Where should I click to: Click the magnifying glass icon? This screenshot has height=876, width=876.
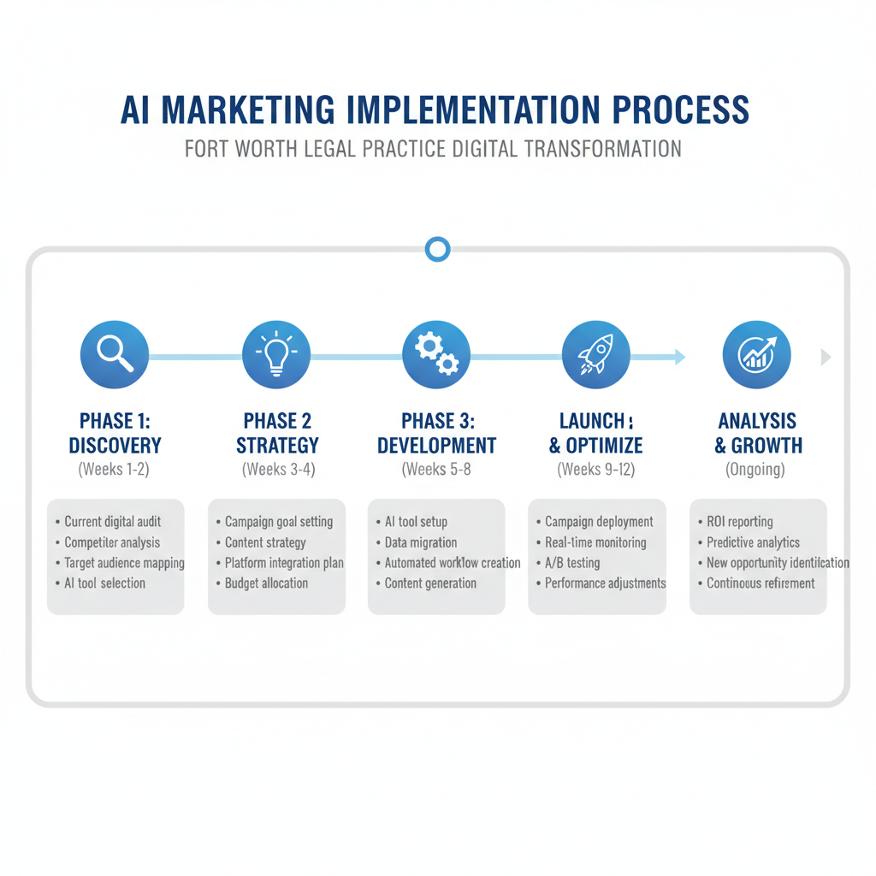click(114, 355)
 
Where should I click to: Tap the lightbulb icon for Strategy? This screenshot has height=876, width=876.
click(276, 355)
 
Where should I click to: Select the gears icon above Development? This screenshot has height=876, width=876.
click(436, 355)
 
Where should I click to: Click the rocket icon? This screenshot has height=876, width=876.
click(596, 355)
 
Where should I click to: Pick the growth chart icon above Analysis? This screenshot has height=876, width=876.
click(756, 355)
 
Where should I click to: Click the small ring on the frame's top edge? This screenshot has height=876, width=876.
click(437, 250)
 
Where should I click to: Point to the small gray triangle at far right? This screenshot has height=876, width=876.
click(826, 357)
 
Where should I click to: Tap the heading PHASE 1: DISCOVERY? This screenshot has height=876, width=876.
click(115, 433)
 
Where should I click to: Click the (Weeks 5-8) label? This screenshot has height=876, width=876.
click(436, 470)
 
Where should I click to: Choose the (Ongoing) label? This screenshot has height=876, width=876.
click(756, 470)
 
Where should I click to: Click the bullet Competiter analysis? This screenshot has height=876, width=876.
click(112, 542)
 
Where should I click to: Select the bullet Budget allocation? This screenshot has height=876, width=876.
click(266, 583)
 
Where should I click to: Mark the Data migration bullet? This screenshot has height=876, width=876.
click(421, 542)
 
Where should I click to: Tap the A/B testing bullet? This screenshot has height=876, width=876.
click(572, 563)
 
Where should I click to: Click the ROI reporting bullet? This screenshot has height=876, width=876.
click(739, 522)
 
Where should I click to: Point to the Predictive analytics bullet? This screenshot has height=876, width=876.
click(753, 542)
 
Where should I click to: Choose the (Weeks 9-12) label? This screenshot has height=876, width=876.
click(596, 470)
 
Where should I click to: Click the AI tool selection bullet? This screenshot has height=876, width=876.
click(104, 583)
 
